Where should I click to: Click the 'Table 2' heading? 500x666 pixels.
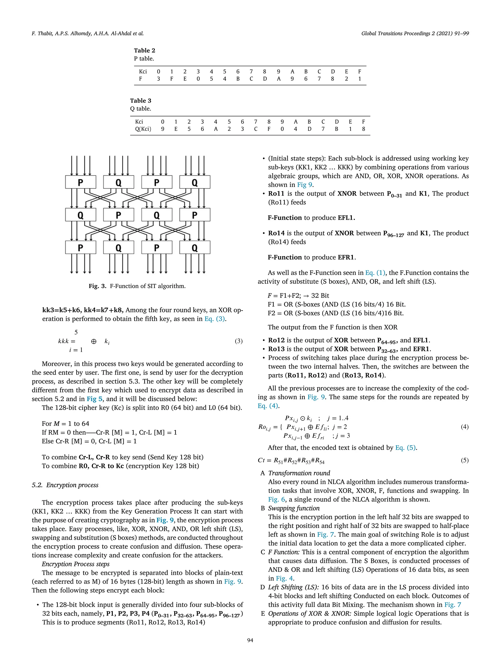pos(144,50)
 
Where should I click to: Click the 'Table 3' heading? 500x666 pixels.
pos(140,100)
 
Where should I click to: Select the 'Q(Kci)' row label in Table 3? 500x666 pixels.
pos(143,129)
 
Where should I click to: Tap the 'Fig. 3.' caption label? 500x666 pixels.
pos(97,286)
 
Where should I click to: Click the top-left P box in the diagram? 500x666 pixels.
pos(81,182)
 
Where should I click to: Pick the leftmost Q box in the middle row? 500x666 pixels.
pos(81,215)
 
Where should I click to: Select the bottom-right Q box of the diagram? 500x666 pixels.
pos(195,248)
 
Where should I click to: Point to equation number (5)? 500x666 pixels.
pos(464,460)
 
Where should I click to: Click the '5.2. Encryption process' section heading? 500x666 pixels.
pos(65,485)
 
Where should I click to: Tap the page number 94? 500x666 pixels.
pos(250,640)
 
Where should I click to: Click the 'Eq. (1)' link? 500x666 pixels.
pos(375,273)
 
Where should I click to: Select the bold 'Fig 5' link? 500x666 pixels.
pos(95,399)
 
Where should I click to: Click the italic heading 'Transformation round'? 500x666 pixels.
pos(299,473)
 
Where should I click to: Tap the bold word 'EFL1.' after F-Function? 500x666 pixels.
pos(346,218)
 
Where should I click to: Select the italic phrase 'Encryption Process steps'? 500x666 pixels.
pos(76,564)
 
